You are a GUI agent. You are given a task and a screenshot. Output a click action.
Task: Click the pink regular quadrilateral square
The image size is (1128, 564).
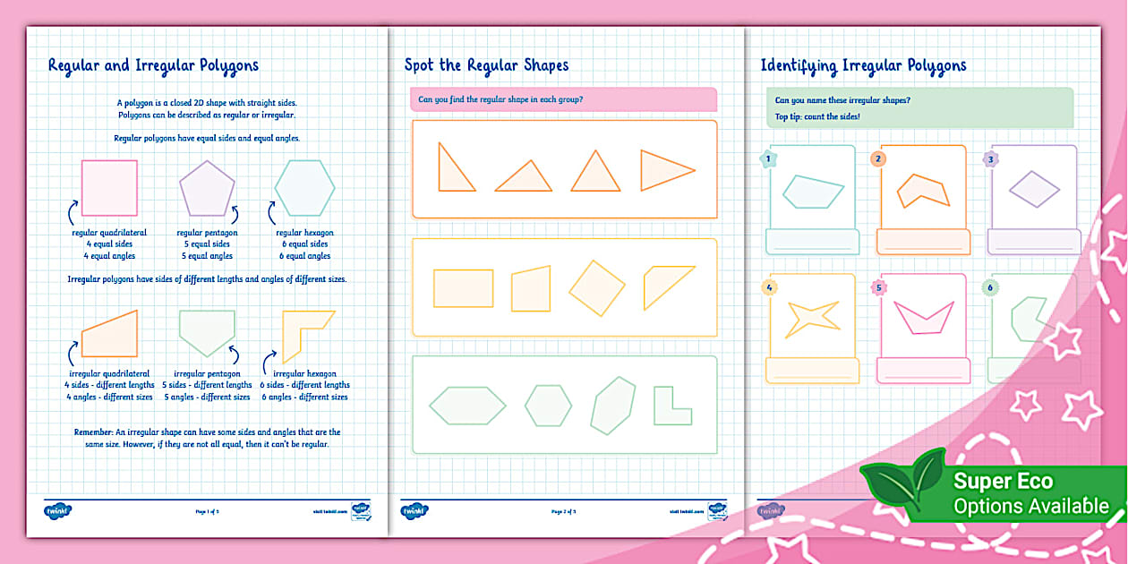[109, 188]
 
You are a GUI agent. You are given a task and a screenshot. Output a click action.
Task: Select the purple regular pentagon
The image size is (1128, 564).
[207, 189]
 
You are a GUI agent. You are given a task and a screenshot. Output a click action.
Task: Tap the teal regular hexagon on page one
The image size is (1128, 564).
[304, 188]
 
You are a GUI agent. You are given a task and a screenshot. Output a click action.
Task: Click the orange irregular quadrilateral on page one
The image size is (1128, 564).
[111, 336]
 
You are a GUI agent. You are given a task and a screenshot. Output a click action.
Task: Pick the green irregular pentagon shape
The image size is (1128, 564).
[207, 331]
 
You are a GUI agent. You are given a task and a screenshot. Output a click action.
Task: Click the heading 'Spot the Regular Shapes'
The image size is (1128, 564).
[486, 64]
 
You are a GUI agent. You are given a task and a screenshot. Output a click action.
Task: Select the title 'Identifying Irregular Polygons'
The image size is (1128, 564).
[863, 64]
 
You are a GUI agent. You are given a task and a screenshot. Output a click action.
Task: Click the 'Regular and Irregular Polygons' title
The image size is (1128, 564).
[153, 64]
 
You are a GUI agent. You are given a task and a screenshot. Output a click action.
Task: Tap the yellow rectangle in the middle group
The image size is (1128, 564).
[463, 288]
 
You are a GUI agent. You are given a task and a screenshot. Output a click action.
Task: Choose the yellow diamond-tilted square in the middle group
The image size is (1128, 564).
[597, 288]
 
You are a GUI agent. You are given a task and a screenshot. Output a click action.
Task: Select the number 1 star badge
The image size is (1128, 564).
[767, 159]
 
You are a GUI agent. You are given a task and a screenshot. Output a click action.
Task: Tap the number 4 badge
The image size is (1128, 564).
[767, 287]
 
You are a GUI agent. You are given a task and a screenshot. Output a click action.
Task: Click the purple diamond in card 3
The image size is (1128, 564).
[1034, 189]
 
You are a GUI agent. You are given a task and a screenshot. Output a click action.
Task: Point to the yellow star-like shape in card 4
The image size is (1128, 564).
[811, 318]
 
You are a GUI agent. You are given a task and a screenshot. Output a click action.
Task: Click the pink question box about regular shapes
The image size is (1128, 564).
[563, 99]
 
